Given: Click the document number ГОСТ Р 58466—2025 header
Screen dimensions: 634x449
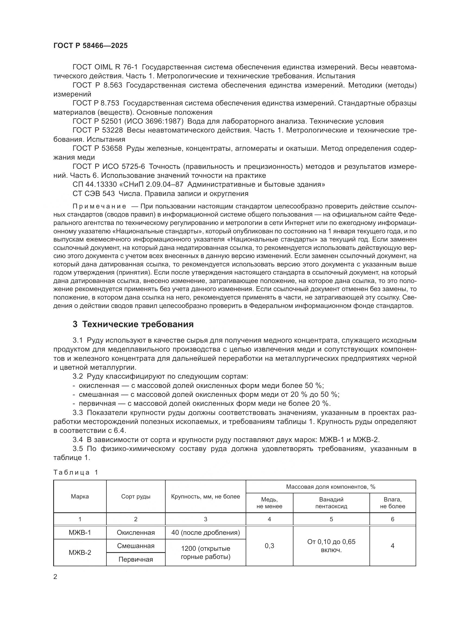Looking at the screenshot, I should (x=90, y=46).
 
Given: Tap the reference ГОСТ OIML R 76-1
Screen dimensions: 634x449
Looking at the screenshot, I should (x=105, y=67).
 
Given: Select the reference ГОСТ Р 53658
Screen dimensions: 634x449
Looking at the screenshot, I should (x=97, y=148).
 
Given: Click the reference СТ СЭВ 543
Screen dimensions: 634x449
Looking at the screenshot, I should (x=93, y=194).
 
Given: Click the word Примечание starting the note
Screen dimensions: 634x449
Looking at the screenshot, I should (x=99, y=206).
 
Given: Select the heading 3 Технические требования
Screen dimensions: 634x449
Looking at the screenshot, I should (x=133, y=324).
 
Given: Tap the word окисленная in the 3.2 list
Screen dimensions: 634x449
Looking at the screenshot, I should (x=99, y=385).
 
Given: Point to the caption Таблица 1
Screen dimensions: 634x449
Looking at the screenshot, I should (x=76, y=472).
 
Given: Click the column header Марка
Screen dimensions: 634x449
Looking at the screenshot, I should (x=80, y=497).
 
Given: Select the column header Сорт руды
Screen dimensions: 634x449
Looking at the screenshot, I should (x=135, y=497).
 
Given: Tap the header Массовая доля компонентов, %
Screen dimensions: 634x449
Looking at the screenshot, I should (x=330, y=487).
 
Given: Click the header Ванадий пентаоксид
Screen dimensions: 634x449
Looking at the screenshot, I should (x=331, y=503).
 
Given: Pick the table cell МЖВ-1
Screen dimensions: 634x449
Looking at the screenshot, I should (x=80, y=532).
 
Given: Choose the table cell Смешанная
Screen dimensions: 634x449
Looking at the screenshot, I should (x=135, y=546).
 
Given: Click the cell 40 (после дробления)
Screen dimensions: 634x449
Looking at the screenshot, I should (x=205, y=532).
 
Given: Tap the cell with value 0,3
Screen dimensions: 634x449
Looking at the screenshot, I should (x=269, y=546).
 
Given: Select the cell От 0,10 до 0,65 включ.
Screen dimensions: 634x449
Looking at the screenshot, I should (x=331, y=546).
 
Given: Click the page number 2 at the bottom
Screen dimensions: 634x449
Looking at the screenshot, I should (x=55, y=577).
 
